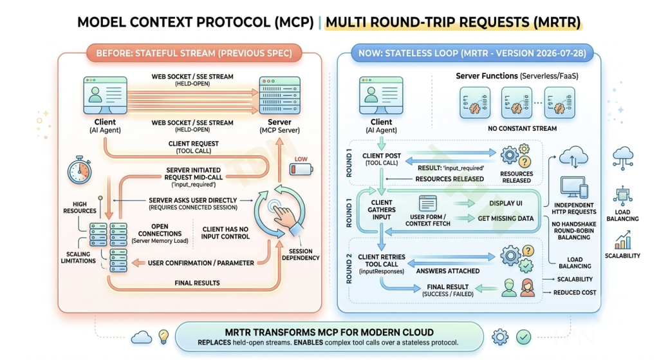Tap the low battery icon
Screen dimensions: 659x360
pos(301,169)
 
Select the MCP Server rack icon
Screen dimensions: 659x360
pos(279,95)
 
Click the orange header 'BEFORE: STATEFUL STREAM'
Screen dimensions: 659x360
pos(194,53)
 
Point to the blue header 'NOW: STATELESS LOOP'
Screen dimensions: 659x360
pos(472,53)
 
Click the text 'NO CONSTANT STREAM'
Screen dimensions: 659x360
pos(522,129)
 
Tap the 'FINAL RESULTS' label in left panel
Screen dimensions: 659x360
pos(197,283)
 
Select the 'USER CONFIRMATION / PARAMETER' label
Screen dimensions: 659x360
pos(201,263)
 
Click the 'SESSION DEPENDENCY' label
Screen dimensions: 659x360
pos(301,254)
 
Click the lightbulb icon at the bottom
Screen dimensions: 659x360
pos(163,336)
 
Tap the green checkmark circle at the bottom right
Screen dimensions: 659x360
pos(523,337)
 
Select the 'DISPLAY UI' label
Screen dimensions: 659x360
pos(506,203)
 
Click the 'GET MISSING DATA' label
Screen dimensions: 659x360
pos(506,219)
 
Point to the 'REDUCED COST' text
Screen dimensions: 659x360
pos(575,293)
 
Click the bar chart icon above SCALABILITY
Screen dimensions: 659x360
pos(622,240)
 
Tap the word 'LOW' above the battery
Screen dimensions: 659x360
pos(301,159)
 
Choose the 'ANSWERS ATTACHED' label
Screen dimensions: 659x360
pos(448,271)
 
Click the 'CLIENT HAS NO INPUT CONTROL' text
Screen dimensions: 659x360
pos(225,233)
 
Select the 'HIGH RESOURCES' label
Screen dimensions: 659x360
pos(80,208)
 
